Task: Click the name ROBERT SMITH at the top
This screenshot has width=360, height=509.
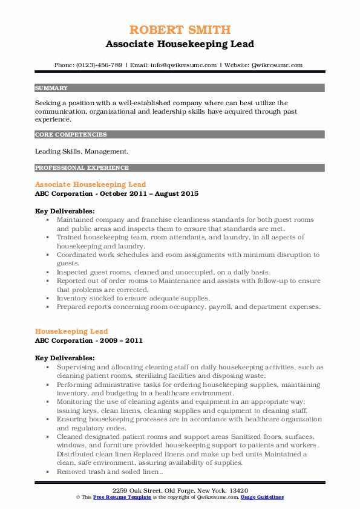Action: coord(180,30)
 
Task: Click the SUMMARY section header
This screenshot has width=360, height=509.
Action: coord(52,88)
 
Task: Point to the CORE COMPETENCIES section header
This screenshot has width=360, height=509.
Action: coord(71,135)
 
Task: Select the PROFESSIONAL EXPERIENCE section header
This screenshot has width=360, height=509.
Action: coord(82,167)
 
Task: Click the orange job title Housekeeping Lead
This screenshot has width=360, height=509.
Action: coord(71,331)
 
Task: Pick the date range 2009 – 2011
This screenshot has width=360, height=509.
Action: coord(121,340)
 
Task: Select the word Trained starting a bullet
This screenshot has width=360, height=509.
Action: coord(70,238)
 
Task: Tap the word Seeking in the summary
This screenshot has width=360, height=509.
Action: coord(50,103)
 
